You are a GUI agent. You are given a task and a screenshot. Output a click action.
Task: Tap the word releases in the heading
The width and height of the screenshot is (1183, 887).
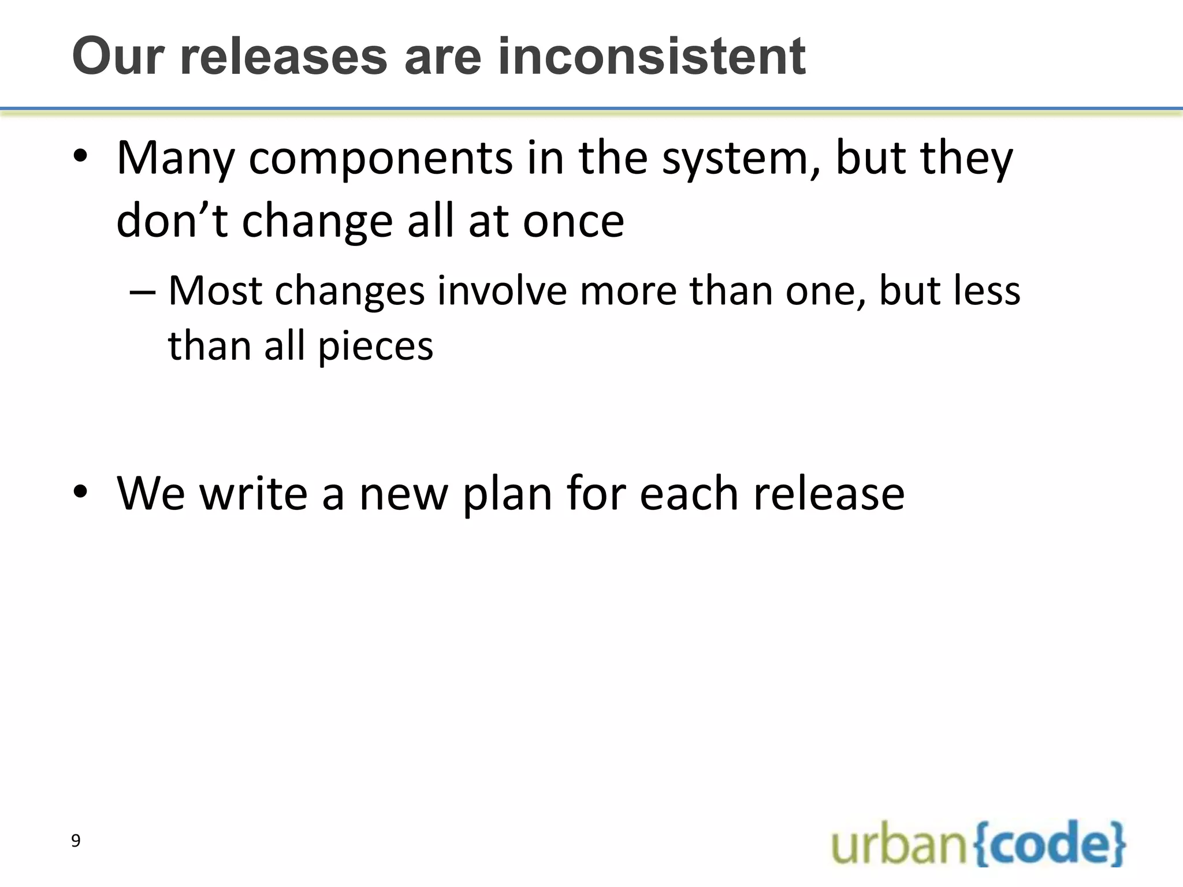click(284, 57)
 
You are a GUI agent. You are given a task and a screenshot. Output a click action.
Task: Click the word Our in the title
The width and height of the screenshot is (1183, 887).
click(119, 57)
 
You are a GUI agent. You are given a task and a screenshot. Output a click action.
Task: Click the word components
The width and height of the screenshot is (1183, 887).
click(380, 159)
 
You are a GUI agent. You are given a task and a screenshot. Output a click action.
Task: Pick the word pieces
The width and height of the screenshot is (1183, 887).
click(375, 346)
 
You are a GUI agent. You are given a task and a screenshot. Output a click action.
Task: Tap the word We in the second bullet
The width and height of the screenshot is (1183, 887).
click(151, 494)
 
